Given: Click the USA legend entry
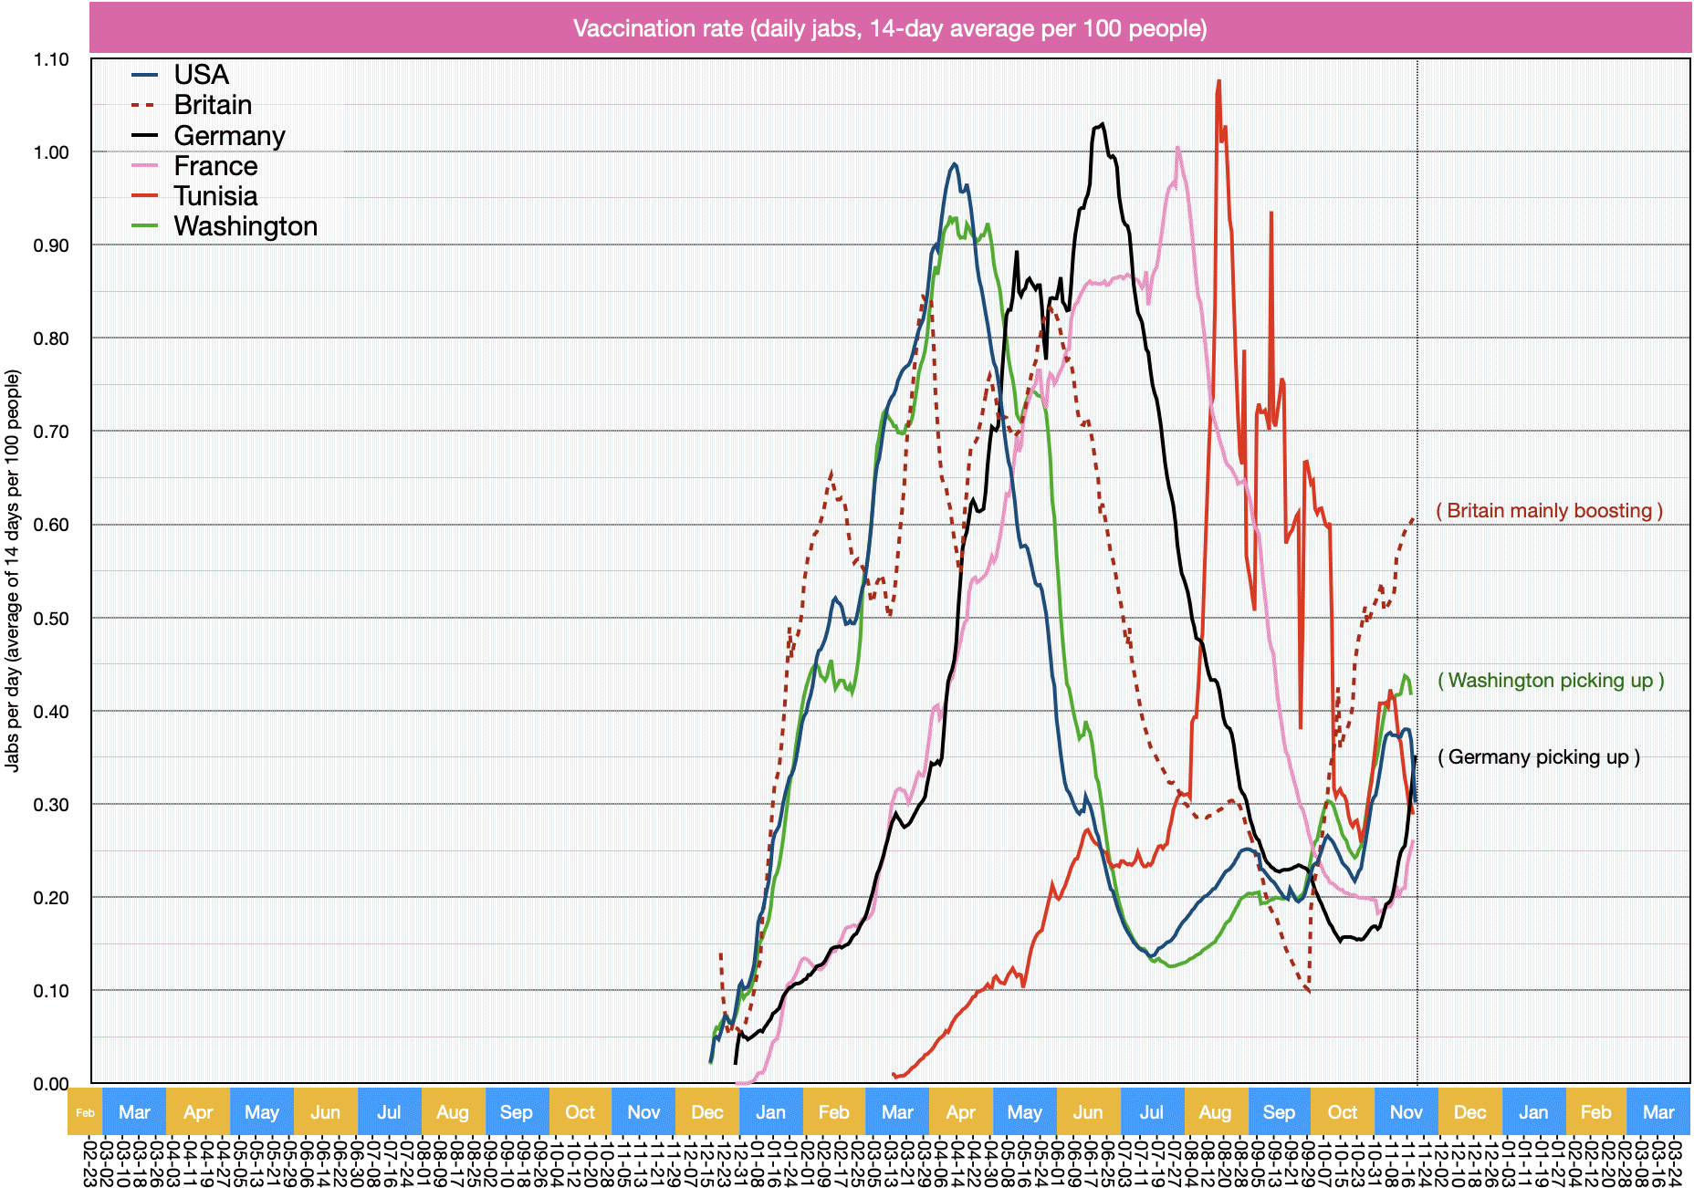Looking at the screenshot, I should [x=201, y=75].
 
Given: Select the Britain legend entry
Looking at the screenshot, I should [x=213, y=105].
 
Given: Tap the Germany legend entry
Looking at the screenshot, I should [x=229, y=136].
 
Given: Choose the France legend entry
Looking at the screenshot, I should [x=215, y=166].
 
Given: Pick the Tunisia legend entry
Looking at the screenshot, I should [x=215, y=196].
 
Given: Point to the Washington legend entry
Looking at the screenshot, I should [x=246, y=226].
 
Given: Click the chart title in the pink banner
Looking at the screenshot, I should [x=890, y=28].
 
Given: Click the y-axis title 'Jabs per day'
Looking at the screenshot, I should [x=13, y=570].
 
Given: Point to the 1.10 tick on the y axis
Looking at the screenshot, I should [x=51, y=60].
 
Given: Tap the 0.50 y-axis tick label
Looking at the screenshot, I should [x=51, y=619].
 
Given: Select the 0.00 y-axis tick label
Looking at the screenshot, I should [x=51, y=1084].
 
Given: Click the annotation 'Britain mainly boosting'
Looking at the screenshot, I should [x=1549, y=511].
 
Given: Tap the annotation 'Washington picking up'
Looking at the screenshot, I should [x=1551, y=681].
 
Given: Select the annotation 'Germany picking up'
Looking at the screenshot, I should [x=1539, y=757].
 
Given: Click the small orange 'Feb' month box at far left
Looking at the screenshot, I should [x=85, y=1112].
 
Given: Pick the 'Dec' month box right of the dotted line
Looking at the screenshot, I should [x=1469, y=1112].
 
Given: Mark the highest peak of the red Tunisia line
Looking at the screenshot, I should [x=1218, y=81].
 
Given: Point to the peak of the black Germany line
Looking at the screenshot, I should [x=1103, y=123].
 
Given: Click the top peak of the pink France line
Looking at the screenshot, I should [x=1177, y=147].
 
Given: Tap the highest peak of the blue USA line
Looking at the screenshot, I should [x=955, y=164].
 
